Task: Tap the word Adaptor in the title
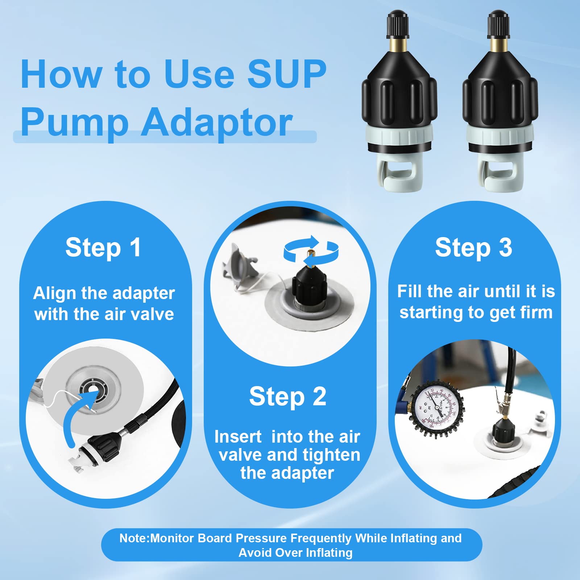(216, 122)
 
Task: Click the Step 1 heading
(103, 248)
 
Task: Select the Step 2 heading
(288, 397)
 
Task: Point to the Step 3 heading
(473, 248)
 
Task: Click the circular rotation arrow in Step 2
(311, 250)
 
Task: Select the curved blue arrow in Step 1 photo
(78, 417)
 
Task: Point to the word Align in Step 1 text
(54, 293)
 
